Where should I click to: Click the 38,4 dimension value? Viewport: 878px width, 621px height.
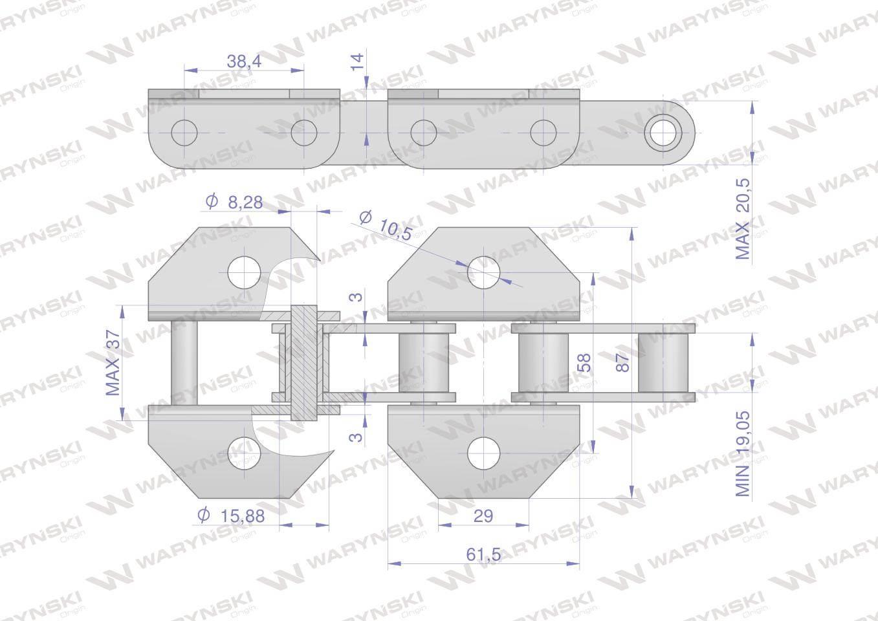244,61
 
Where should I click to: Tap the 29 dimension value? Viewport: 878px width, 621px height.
483,516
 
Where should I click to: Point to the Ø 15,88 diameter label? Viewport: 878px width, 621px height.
231,516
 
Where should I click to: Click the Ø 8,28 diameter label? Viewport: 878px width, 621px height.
234,202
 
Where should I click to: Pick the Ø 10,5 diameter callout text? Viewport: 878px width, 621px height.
386,226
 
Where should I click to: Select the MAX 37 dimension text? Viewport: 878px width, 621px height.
113,363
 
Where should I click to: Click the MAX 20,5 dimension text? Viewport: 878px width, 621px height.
742,219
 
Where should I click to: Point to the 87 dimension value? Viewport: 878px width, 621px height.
622,362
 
